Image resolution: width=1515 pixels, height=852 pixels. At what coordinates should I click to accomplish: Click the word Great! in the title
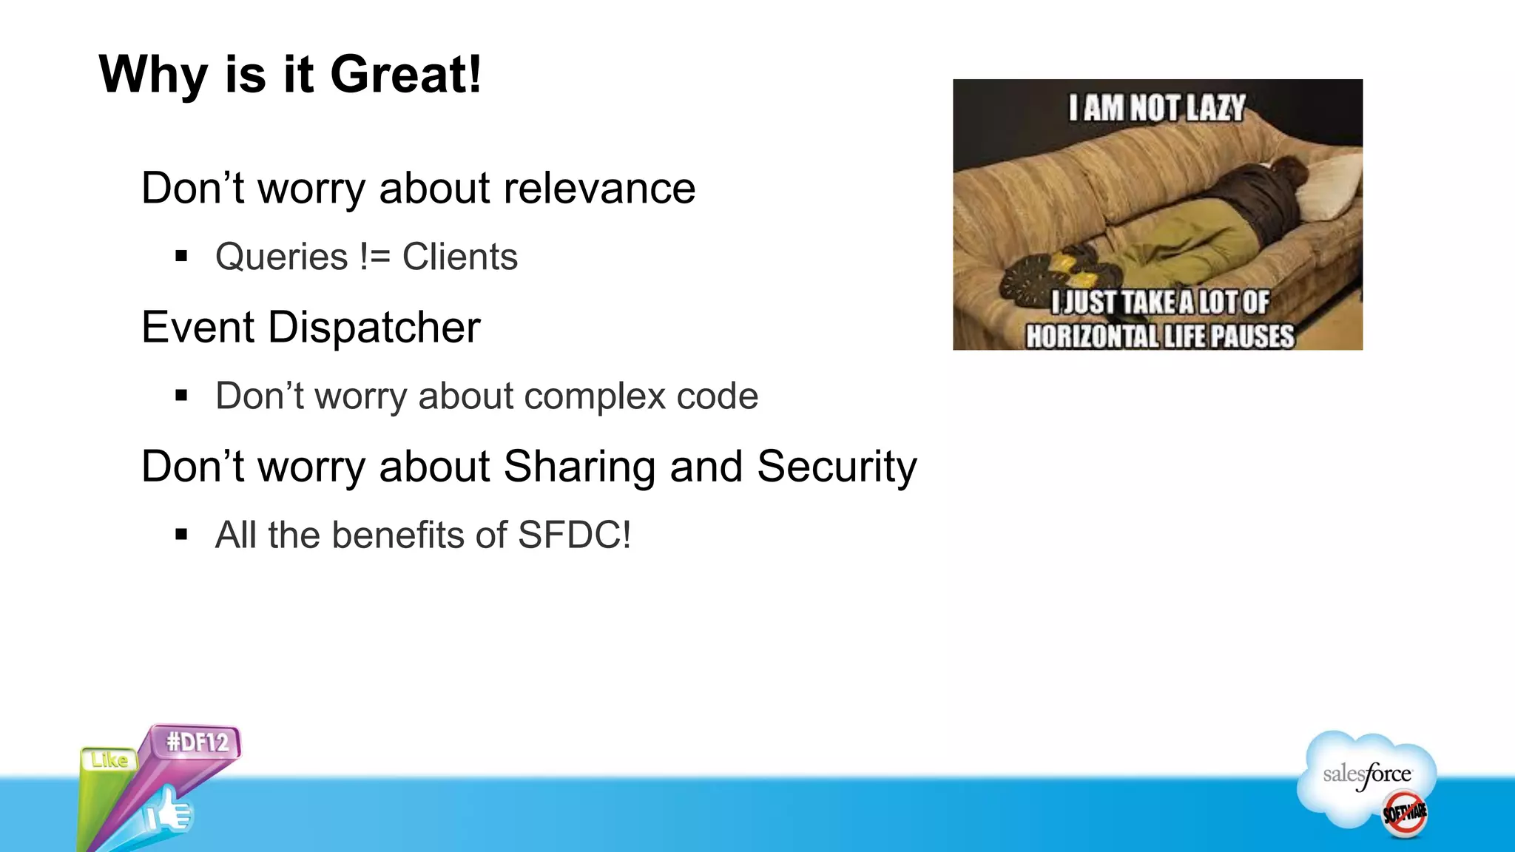point(406,75)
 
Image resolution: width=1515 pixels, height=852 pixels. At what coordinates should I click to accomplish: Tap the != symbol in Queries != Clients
point(374,257)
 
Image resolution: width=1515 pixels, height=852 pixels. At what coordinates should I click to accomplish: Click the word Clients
point(459,257)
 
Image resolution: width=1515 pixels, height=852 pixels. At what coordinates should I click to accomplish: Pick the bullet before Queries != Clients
point(181,257)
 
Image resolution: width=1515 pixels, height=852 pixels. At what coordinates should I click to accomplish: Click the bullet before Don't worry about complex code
point(181,396)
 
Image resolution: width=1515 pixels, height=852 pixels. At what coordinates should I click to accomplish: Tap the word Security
point(836,467)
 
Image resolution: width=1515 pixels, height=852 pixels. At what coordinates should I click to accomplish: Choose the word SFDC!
point(574,535)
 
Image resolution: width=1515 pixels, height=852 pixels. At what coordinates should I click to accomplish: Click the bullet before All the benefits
point(181,535)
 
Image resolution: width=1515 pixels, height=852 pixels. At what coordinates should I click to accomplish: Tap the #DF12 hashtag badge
point(198,742)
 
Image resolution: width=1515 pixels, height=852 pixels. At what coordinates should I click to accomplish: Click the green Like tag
point(109,760)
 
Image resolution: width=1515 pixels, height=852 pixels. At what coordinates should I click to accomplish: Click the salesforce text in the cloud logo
point(1366,775)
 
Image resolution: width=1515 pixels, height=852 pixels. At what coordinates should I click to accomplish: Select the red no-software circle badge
point(1404,814)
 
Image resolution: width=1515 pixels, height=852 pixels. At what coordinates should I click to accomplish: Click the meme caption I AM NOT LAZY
point(1157,109)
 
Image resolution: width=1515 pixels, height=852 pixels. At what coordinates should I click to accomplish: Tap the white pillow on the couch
point(1328,189)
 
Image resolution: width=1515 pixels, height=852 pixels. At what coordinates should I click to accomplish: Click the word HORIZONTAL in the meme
point(1091,337)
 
